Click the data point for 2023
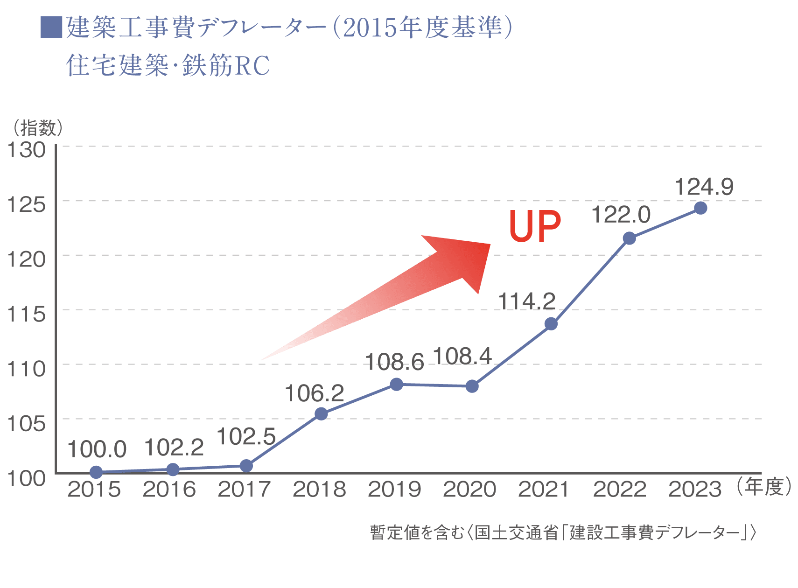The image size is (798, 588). pos(700,208)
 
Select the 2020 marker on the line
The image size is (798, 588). pos(472,386)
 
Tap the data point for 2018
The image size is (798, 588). pos(321,414)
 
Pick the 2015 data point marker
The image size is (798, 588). pos(96,472)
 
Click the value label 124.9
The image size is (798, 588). pos(704,187)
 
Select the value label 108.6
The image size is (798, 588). pos(394,362)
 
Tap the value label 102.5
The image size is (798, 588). pos(246,437)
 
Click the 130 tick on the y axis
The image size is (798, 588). pos(27,150)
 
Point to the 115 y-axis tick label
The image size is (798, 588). pos(27,314)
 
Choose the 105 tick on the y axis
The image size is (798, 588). pos(27,424)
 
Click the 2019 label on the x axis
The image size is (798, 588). pos(394,490)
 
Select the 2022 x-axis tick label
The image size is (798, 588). pos(620,490)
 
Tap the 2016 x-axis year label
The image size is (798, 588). pos(169,490)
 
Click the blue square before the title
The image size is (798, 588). pos(51,28)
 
